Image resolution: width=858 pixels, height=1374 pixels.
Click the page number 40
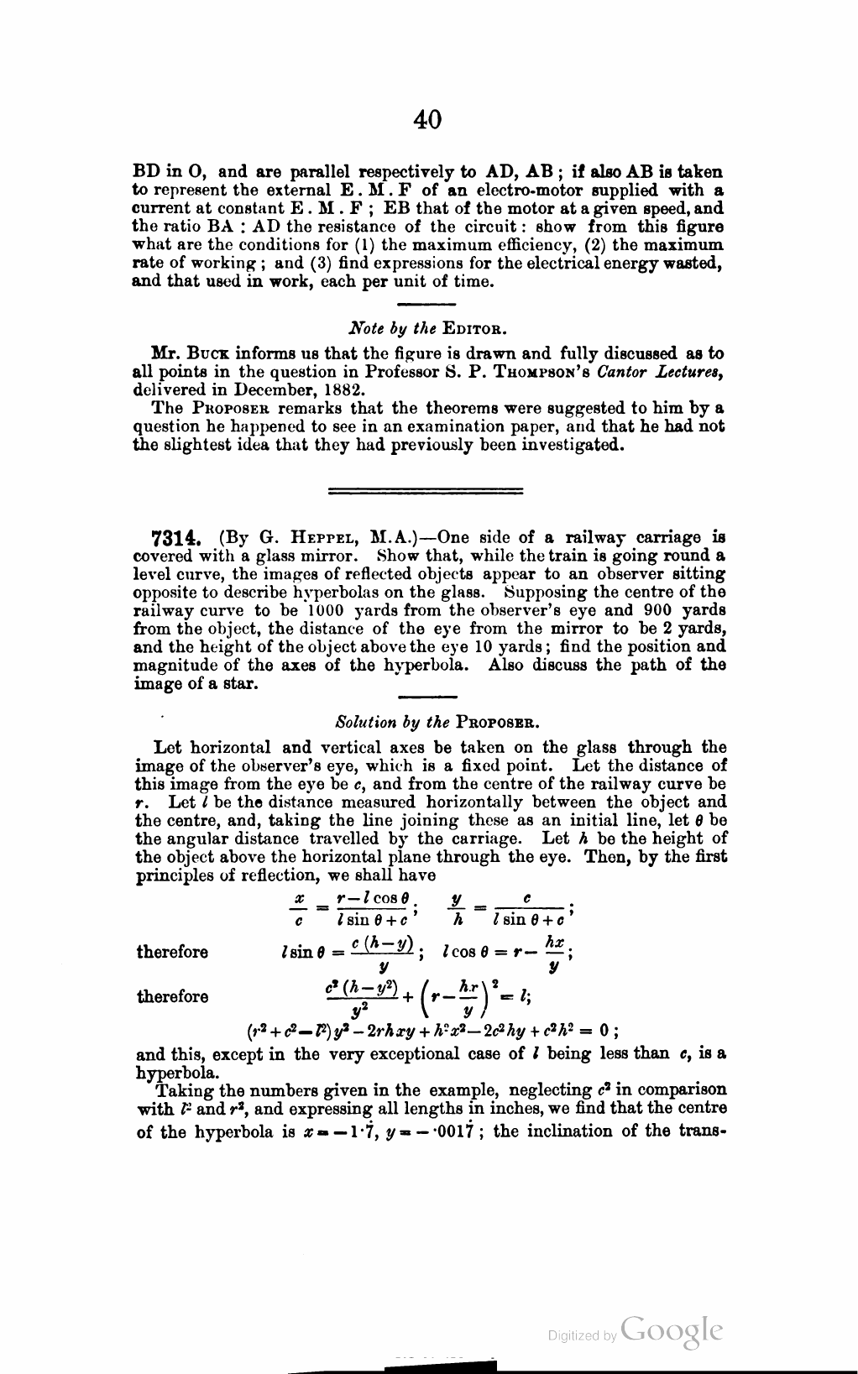tap(428, 120)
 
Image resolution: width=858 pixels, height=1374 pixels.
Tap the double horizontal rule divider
tap(424, 488)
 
